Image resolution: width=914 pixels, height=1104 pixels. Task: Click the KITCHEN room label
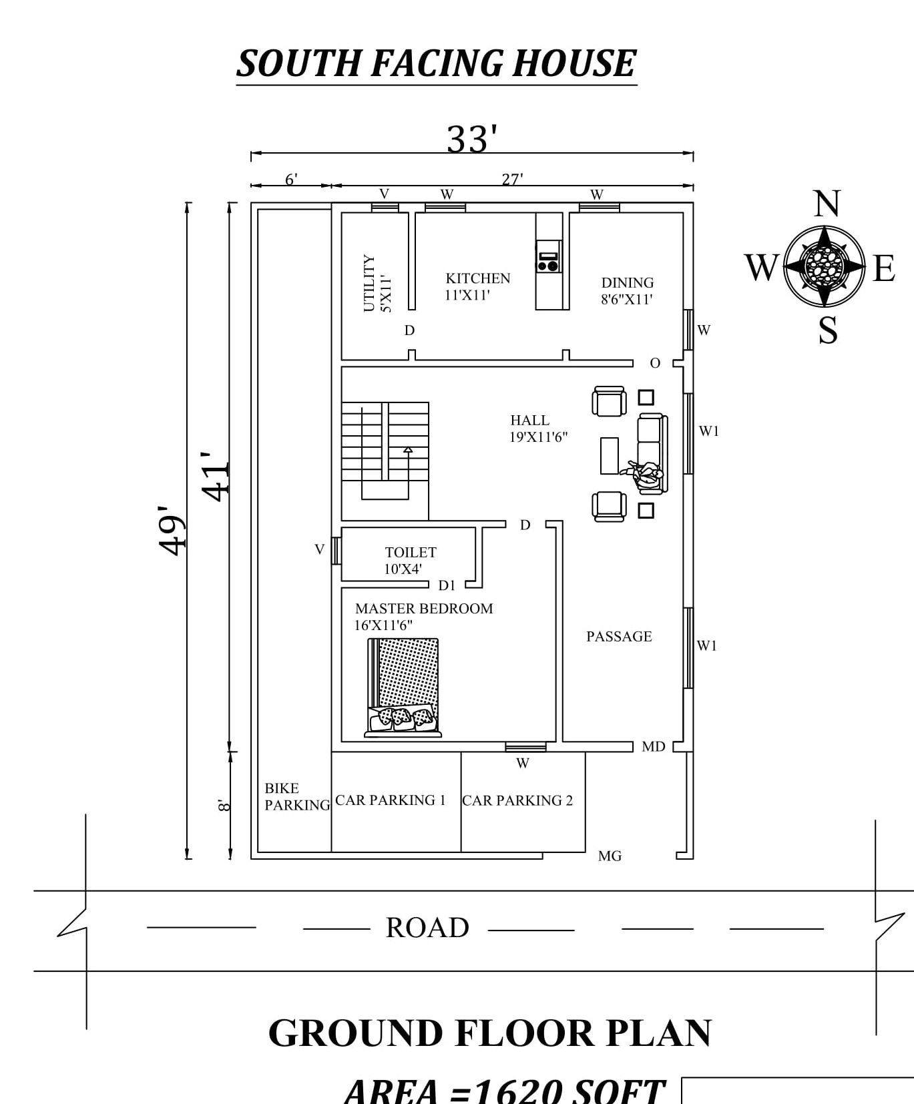[478, 278]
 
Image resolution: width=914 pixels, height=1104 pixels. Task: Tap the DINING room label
[628, 282]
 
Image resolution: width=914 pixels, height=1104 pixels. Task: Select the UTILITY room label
[369, 283]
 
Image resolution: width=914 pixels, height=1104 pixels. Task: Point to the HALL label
[529, 421]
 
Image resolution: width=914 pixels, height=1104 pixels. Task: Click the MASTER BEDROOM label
[424, 609]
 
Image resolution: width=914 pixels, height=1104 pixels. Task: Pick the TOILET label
[411, 553]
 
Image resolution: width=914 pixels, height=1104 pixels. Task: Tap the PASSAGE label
[619, 637]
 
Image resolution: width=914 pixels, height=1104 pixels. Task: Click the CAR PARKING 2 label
[517, 800]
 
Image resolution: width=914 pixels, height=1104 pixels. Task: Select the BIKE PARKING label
[297, 797]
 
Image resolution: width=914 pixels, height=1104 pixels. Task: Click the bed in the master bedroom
[403, 687]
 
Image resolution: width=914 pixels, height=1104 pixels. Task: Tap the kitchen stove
[548, 257]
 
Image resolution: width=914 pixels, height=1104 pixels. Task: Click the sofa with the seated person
[651, 454]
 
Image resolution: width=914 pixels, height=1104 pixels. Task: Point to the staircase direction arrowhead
[408, 450]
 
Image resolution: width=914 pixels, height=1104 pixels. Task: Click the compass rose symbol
[825, 266]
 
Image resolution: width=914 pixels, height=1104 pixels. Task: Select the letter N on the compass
[827, 204]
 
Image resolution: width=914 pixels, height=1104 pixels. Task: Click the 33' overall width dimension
[472, 140]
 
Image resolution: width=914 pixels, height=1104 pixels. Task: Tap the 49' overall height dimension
[172, 530]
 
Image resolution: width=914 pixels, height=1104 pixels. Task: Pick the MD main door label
[653, 747]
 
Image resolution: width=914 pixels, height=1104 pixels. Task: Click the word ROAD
[427, 928]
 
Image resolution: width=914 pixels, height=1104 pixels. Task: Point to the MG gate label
[610, 856]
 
